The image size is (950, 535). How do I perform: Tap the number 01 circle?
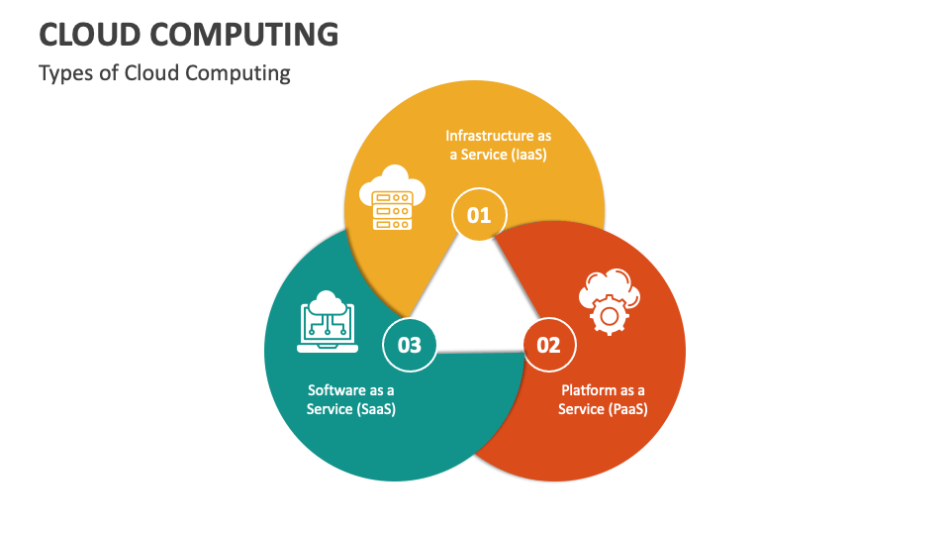(x=479, y=214)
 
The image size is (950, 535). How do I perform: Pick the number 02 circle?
(x=548, y=345)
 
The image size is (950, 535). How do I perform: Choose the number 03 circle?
(x=409, y=345)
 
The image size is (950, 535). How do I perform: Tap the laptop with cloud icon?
(x=327, y=321)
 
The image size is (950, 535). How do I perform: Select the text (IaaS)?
(x=529, y=155)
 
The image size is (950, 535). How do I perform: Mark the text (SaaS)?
(x=375, y=409)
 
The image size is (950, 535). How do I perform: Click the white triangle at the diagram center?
(x=479, y=297)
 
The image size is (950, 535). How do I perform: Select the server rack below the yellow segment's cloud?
(x=391, y=211)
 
